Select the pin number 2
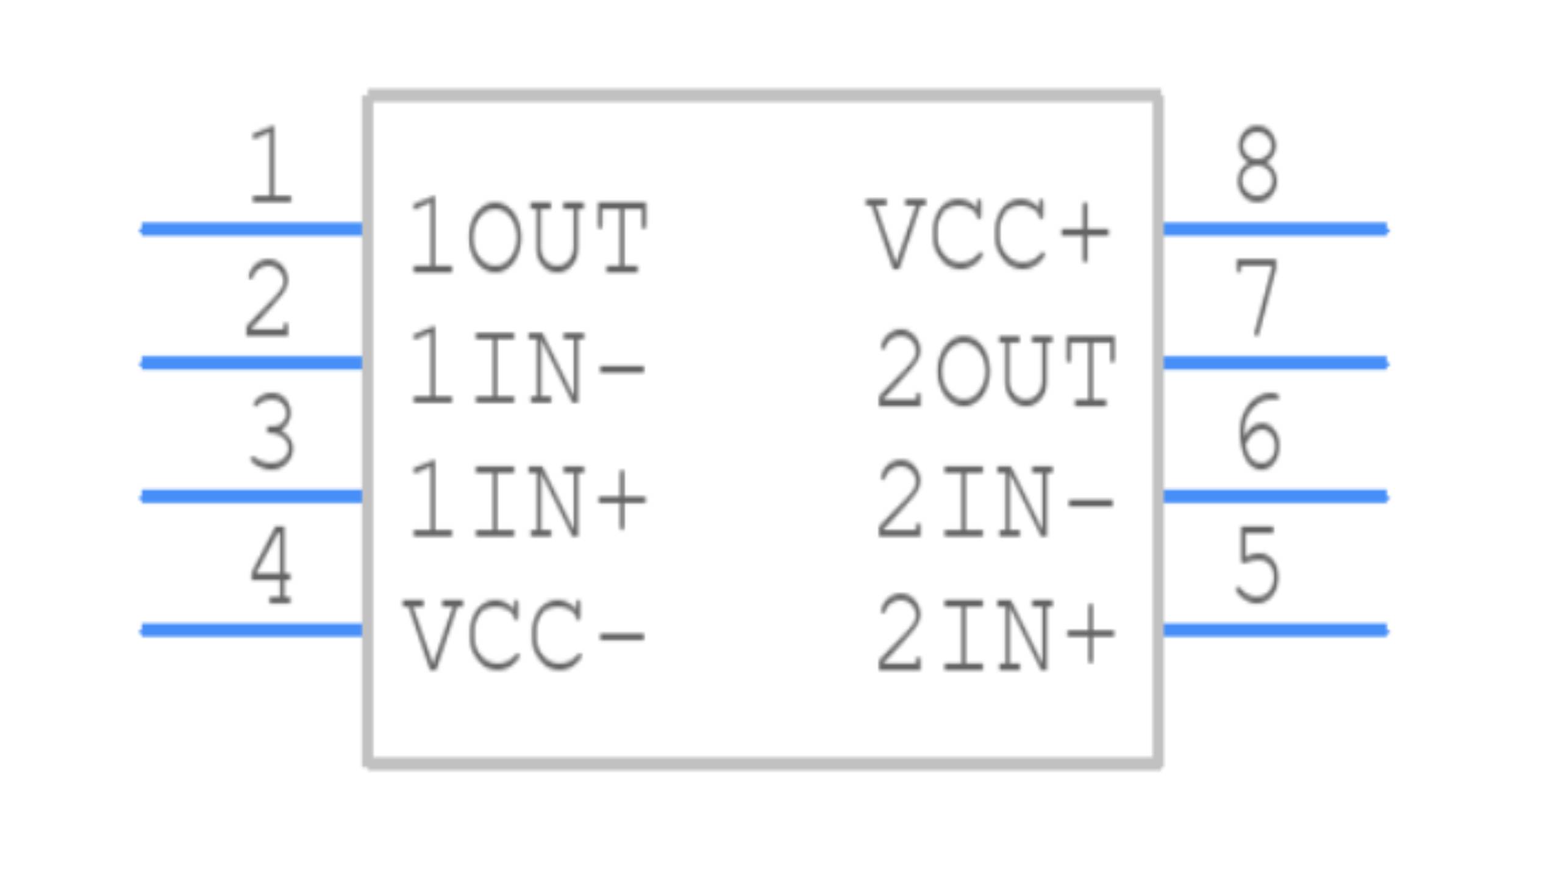[x=267, y=299]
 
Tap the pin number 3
[x=272, y=432]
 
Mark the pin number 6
[x=1259, y=432]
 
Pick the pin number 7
[x=1256, y=298]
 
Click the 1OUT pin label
[x=528, y=238]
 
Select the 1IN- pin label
[x=527, y=367]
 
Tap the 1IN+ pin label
[x=528, y=501]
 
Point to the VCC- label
[x=524, y=635]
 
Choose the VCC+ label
[x=988, y=234]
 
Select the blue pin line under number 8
[x=1276, y=229]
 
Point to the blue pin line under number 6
[x=1276, y=496]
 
